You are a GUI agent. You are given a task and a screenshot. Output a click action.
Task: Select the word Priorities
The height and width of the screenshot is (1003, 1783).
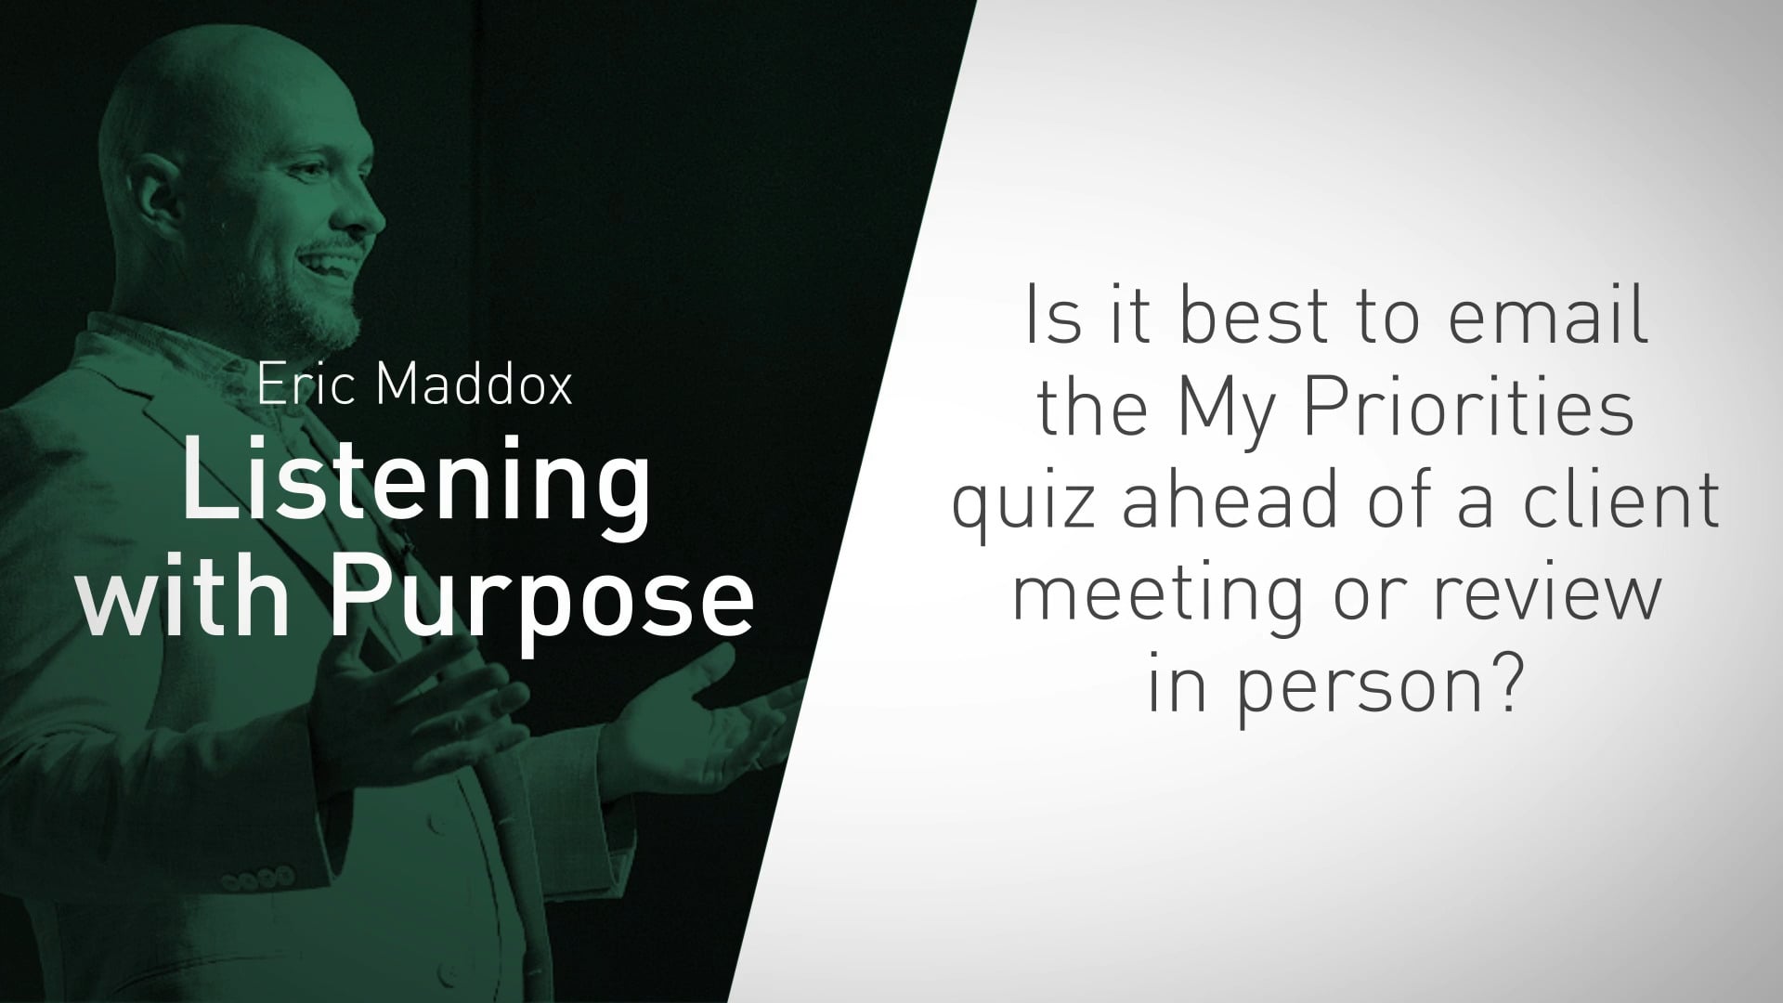[x=1470, y=410]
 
